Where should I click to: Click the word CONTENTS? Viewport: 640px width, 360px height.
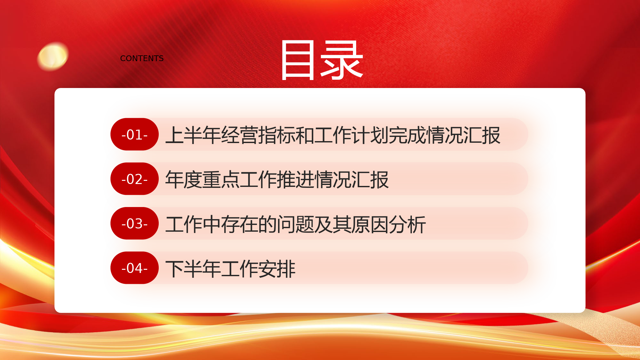point(142,59)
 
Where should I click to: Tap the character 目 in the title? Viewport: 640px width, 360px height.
point(297,60)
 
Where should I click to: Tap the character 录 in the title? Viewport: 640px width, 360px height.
point(342,60)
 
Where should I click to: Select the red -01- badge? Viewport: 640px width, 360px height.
point(134,134)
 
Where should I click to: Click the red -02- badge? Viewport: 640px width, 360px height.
point(134,179)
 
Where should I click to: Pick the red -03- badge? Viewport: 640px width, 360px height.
point(134,223)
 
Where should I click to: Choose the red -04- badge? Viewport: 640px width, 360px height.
point(134,268)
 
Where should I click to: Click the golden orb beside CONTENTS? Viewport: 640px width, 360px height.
point(53,57)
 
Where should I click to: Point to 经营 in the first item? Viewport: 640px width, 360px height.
point(239,135)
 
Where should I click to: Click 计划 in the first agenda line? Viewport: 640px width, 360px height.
point(370,135)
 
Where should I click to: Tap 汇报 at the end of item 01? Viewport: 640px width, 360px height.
point(482,135)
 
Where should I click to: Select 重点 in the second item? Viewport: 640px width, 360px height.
point(221,180)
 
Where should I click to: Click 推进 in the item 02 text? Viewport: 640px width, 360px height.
point(295,180)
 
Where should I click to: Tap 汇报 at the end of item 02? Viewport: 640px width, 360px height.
point(370,180)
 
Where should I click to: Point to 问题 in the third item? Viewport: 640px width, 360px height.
point(295,224)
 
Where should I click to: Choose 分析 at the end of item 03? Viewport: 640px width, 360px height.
point(407,224)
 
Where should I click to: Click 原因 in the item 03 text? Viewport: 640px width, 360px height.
point(370,224)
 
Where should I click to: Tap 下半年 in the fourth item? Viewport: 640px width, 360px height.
point(193,268)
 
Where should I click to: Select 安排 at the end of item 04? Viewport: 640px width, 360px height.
point(277,268)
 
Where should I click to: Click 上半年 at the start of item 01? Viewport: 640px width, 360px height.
point(193,135)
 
